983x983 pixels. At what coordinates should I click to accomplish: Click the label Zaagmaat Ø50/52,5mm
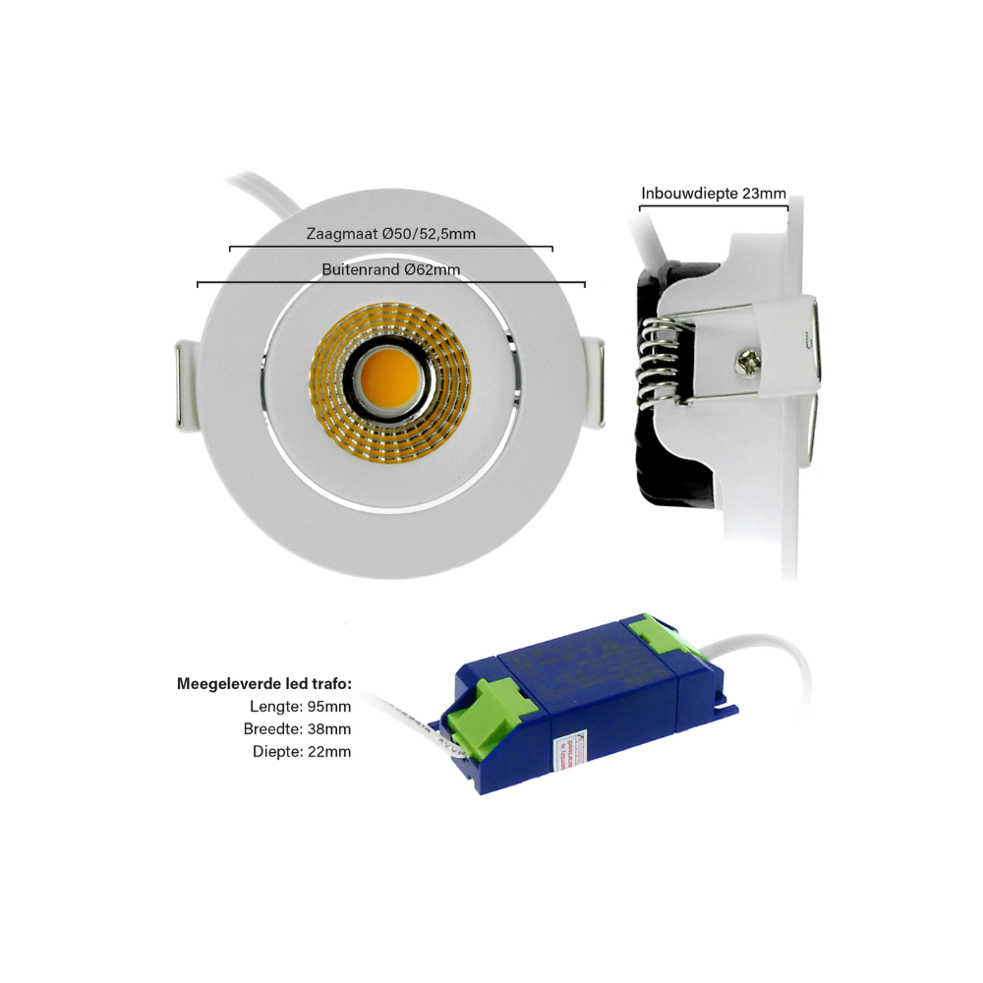click(390, 233)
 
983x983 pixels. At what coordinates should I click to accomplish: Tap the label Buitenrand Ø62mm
click(390, 268)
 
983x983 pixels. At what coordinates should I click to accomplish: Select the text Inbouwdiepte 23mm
click(714, 194)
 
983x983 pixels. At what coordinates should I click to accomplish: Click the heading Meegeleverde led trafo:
click(263, 683)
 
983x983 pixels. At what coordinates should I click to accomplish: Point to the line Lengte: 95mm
click(301, 706)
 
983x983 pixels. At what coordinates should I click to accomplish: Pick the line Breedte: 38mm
click(297, 728)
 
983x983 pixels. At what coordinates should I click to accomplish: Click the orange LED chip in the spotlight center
click(390, 379)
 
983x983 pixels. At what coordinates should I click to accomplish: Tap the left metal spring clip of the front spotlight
click(187, 385)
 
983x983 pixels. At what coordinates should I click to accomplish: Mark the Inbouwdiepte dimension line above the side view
click(714, 208)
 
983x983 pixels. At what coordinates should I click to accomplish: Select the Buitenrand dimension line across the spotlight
click(390, 284)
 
